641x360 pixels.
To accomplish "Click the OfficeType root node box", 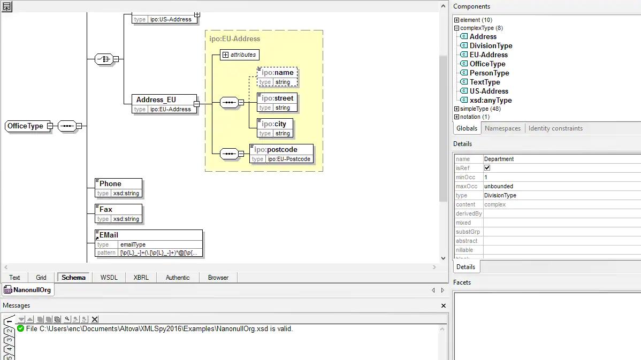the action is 26,126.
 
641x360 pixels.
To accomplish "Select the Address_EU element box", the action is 164,104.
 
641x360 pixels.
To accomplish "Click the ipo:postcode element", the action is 281,154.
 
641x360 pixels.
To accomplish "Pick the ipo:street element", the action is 277,102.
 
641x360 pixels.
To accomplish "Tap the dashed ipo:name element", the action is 277,77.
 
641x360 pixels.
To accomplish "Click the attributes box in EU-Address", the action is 240,55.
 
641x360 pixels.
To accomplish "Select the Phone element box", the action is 119,188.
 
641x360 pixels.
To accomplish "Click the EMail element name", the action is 109,235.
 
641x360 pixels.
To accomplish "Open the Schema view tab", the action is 74,278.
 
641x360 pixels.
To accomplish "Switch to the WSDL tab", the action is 109,278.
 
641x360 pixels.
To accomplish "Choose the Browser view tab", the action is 218,278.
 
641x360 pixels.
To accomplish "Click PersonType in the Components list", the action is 490,73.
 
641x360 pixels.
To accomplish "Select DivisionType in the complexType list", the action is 491,46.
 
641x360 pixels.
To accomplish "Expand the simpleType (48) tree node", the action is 456,109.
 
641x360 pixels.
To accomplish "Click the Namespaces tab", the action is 502,128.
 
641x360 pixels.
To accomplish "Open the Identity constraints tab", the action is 555,128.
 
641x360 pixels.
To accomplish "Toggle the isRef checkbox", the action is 487,168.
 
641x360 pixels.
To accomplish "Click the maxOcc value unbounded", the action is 498,186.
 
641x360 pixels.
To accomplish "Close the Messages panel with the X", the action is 443,305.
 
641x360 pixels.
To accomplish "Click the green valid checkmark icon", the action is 20,328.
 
